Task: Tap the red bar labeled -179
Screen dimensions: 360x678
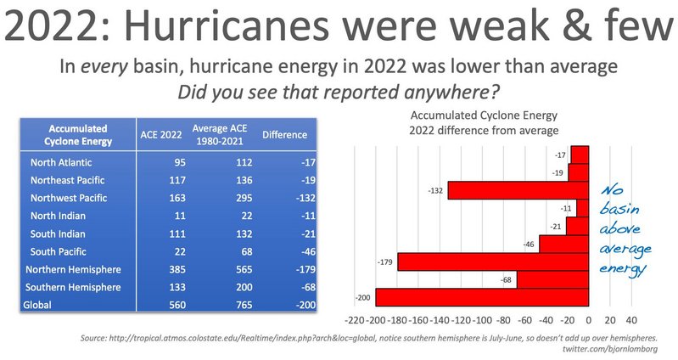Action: (x=493, y=262)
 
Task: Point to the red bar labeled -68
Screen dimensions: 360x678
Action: (x=552, y=280)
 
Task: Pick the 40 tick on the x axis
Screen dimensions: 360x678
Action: (x=630, y=323)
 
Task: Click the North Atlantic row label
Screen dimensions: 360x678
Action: (x=61, y=162)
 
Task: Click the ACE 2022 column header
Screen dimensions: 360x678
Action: (x=160, y=134)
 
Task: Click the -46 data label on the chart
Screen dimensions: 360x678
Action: (x=527, y=244)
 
